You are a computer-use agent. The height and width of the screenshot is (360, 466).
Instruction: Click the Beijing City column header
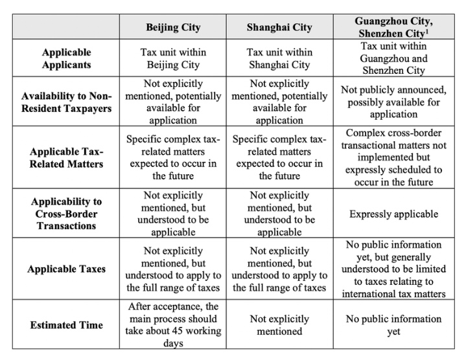pos(173,27)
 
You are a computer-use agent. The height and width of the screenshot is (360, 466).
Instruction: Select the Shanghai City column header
pos(279,27)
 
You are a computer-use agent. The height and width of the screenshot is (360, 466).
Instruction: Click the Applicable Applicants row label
pos(67,58)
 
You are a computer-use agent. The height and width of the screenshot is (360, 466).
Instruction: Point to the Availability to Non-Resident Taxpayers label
pos(66,102)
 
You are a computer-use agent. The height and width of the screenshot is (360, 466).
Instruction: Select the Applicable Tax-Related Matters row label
pos(67,157)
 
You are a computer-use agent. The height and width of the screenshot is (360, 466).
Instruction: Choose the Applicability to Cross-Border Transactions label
pos(67,214)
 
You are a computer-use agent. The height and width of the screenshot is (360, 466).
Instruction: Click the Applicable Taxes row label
pos(67,269)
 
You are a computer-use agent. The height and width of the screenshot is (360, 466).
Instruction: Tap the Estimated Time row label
pos(67,325)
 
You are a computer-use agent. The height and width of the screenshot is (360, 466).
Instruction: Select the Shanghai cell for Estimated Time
pos(279,325)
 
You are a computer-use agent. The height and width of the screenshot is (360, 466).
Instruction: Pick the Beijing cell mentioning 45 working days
pos(173,325)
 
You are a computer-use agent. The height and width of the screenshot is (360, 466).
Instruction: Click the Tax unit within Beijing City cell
pos(173,59)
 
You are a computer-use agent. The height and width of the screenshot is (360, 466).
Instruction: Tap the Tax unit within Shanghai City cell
pos(279,59)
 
